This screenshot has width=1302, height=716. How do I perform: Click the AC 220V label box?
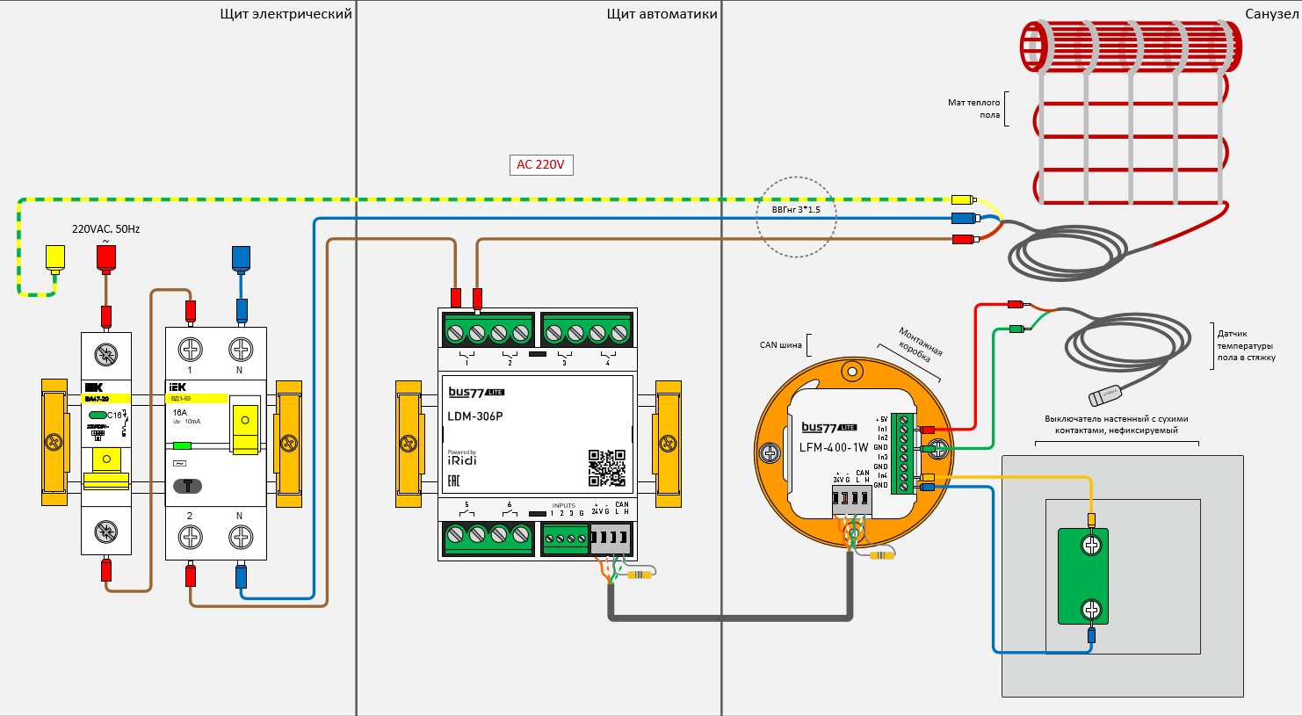pos(540,164)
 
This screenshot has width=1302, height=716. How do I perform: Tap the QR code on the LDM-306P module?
pos(606,467)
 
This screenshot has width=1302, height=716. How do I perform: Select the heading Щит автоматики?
pos(662,14)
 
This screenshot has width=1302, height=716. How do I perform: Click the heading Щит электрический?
pos(286,14)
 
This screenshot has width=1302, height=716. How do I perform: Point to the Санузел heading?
pos(1270,14)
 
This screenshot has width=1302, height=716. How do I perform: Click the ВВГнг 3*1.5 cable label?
pos(796,210)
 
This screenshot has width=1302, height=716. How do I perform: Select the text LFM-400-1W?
pos(834,447)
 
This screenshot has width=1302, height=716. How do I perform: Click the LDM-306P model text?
pos(475,416)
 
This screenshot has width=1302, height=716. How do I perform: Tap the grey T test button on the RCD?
pos(187,486)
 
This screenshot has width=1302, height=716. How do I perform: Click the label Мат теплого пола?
pos(974,109)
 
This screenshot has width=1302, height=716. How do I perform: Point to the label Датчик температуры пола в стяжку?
pos(1246,345)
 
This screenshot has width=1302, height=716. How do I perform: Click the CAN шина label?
pos(780,345)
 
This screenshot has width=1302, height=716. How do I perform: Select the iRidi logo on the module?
pos(462,459)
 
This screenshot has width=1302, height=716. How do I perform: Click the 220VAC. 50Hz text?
pos(105,229)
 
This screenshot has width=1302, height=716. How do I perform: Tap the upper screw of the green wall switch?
pos(1091,546)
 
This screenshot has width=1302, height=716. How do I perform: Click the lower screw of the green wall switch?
pos(1091,609)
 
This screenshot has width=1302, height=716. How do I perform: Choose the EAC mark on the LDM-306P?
pos(454,481)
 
